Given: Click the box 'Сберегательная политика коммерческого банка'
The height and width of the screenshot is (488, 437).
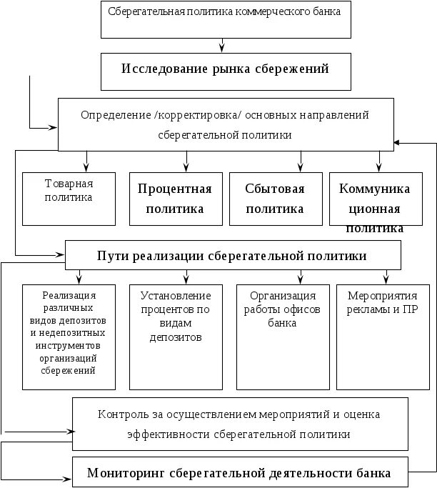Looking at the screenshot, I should pyautogui.click(x=226, y=19).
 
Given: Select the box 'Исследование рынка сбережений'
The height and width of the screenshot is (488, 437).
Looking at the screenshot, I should pyautogui.click(x=226, y=70).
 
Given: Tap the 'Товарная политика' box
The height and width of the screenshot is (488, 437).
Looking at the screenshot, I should pyautogui.click(x=69, y=198).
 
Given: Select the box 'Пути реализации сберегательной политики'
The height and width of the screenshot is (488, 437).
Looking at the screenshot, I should pyautogui.click(x=232, y=255).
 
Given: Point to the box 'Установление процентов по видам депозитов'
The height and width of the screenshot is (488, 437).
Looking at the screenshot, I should pyautogui.click(x=175, y=336).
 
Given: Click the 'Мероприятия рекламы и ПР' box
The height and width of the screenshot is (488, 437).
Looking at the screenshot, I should pyautogui.click(x=382, y=336).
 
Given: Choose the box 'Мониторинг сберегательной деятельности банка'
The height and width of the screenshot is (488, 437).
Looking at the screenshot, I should pyautogui.click(x=239, y=473).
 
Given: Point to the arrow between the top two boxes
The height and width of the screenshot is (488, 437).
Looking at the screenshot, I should pyautogui.click(x=223, y=46).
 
